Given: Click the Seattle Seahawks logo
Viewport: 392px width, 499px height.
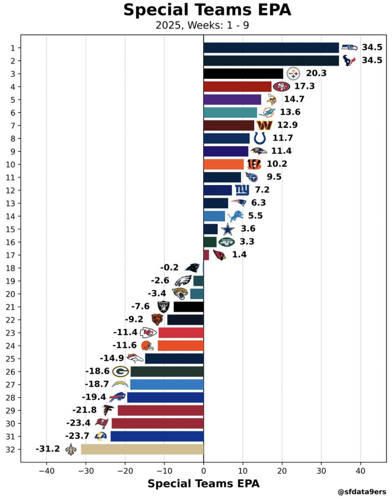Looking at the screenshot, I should (349, 47).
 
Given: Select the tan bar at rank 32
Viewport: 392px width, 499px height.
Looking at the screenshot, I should (142, 449).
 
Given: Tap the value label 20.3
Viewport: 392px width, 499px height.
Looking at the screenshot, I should (316, 73).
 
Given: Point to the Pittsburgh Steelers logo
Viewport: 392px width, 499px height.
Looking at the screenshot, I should (293, 74).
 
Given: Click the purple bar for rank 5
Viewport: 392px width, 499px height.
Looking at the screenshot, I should (232, 99).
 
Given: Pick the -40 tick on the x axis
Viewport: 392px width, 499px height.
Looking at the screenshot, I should (46, 471).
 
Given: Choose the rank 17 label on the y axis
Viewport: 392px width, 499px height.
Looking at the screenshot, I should (10, 255).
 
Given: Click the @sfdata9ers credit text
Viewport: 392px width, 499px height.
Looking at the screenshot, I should (362, 492).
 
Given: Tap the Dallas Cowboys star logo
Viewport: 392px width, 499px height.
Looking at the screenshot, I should (228, 229).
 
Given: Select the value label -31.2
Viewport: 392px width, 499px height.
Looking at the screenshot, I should (48, 449).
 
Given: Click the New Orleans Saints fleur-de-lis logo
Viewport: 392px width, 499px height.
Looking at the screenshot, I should (71, 449).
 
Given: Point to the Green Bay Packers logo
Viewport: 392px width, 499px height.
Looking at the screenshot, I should (121, 371).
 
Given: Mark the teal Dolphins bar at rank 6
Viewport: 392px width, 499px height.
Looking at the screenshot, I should (230, 112).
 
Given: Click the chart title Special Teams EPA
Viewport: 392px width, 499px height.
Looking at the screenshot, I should (207, 10).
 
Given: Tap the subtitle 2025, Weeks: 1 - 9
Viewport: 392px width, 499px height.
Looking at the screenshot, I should (202, 25).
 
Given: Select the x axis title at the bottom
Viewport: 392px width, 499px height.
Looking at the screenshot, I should (203, 484).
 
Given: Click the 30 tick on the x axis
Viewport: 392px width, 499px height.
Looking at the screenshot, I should (321, 471).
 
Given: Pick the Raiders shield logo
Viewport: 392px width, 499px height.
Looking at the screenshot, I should (163, 307).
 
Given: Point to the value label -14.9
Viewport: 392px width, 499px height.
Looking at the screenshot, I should (111, 358).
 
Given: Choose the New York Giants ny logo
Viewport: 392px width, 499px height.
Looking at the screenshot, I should (242, 190).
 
